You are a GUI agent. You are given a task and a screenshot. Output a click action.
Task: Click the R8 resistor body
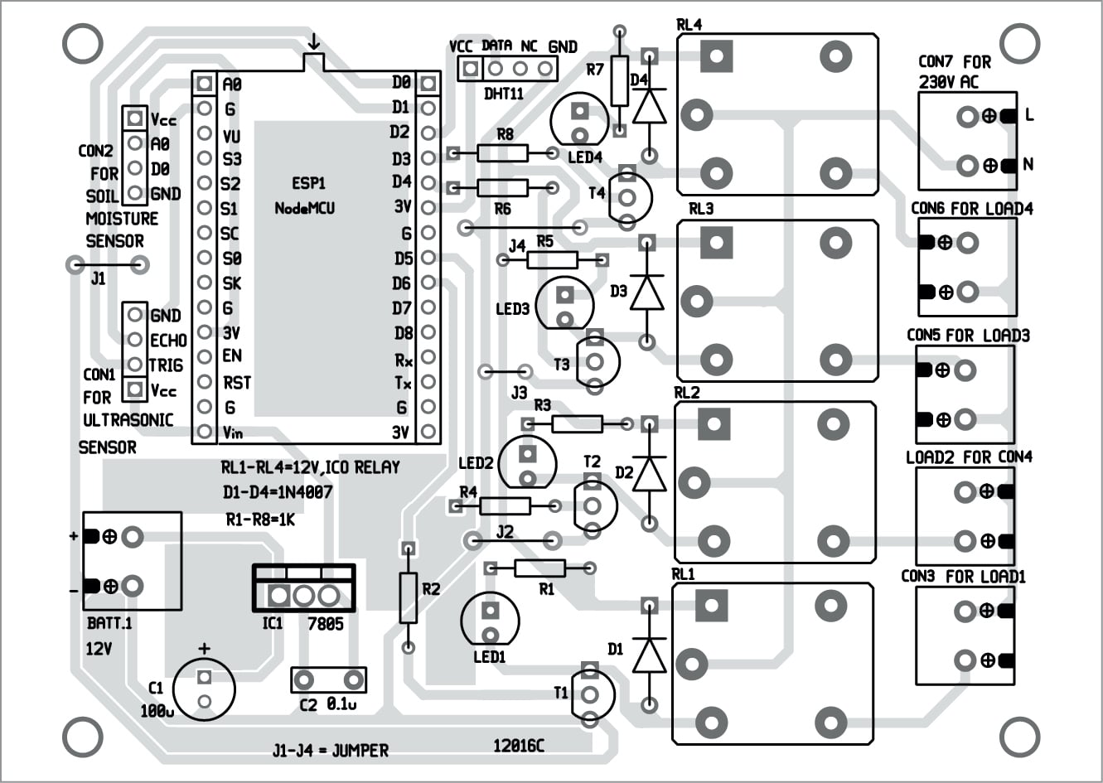(502, 152)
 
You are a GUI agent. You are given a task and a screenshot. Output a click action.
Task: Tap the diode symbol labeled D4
(650, 106)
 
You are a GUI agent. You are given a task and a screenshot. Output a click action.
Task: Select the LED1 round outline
(491, 620)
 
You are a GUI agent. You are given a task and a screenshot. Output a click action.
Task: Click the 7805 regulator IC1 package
(303, 588)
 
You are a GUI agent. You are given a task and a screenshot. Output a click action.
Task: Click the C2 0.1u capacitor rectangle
(329, 680)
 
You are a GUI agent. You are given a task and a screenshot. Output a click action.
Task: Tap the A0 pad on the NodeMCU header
(204, 83)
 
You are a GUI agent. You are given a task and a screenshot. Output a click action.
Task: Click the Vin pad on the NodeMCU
(204, 432)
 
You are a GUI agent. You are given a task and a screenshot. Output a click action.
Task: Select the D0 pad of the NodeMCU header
(428, 83)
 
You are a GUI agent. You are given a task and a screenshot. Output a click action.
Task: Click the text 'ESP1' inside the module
(309, 183)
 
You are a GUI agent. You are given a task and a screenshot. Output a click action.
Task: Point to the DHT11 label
(504, 94)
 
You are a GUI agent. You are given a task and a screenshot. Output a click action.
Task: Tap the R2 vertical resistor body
(407, 597)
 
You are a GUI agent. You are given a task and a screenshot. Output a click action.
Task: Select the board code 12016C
(519, 746)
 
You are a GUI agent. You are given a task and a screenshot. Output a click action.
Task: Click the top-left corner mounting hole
(81, 44)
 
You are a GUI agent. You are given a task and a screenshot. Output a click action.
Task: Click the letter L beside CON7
(1030, 115)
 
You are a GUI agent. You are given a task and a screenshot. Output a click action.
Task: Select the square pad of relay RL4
(716, 56)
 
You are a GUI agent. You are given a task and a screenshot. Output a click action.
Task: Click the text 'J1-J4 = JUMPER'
(330, 751)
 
